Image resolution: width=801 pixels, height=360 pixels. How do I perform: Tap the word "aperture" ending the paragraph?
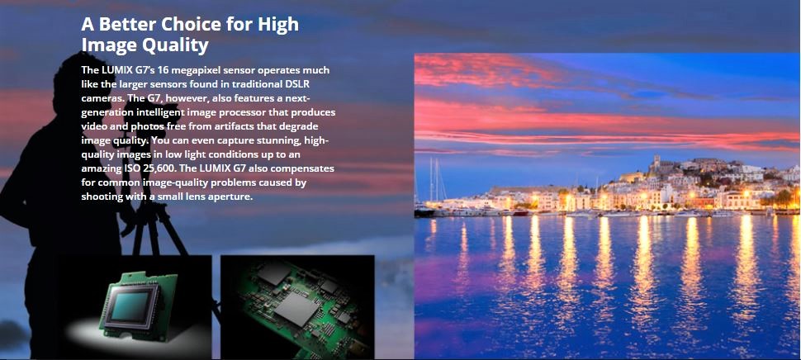pos(232,197)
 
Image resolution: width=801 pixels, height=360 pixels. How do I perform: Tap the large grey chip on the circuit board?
pos(296,310)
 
